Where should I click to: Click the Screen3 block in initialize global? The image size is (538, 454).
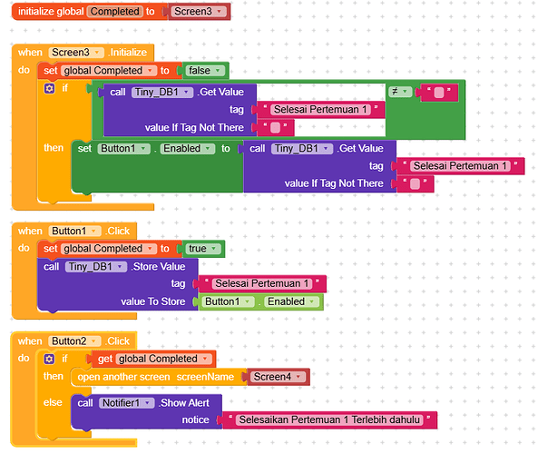(199, 12)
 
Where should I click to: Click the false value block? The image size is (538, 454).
(205, 71)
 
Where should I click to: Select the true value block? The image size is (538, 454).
(203, 249)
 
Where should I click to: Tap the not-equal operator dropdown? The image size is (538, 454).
(400, 92)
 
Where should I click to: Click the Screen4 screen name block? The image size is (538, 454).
(279, 377)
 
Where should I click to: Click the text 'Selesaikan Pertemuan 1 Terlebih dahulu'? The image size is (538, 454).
(329, 419)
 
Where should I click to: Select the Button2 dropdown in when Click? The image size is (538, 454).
(74, 341)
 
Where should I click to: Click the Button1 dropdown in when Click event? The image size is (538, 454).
(74, 231)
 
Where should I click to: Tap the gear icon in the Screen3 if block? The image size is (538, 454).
(49, 89)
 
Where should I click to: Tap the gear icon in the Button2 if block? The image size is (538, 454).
(49, 360)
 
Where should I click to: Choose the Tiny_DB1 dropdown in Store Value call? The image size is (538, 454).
(96, 266)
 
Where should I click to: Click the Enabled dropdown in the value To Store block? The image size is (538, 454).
(291, 301)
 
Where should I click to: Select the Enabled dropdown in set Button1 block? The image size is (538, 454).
(187, 148)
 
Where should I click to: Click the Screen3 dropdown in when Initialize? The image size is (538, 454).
(76, 52)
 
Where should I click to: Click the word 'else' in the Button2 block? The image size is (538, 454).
(53, 402)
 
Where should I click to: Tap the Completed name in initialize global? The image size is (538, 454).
(115, 12)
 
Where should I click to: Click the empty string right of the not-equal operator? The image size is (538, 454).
(439, 93)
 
